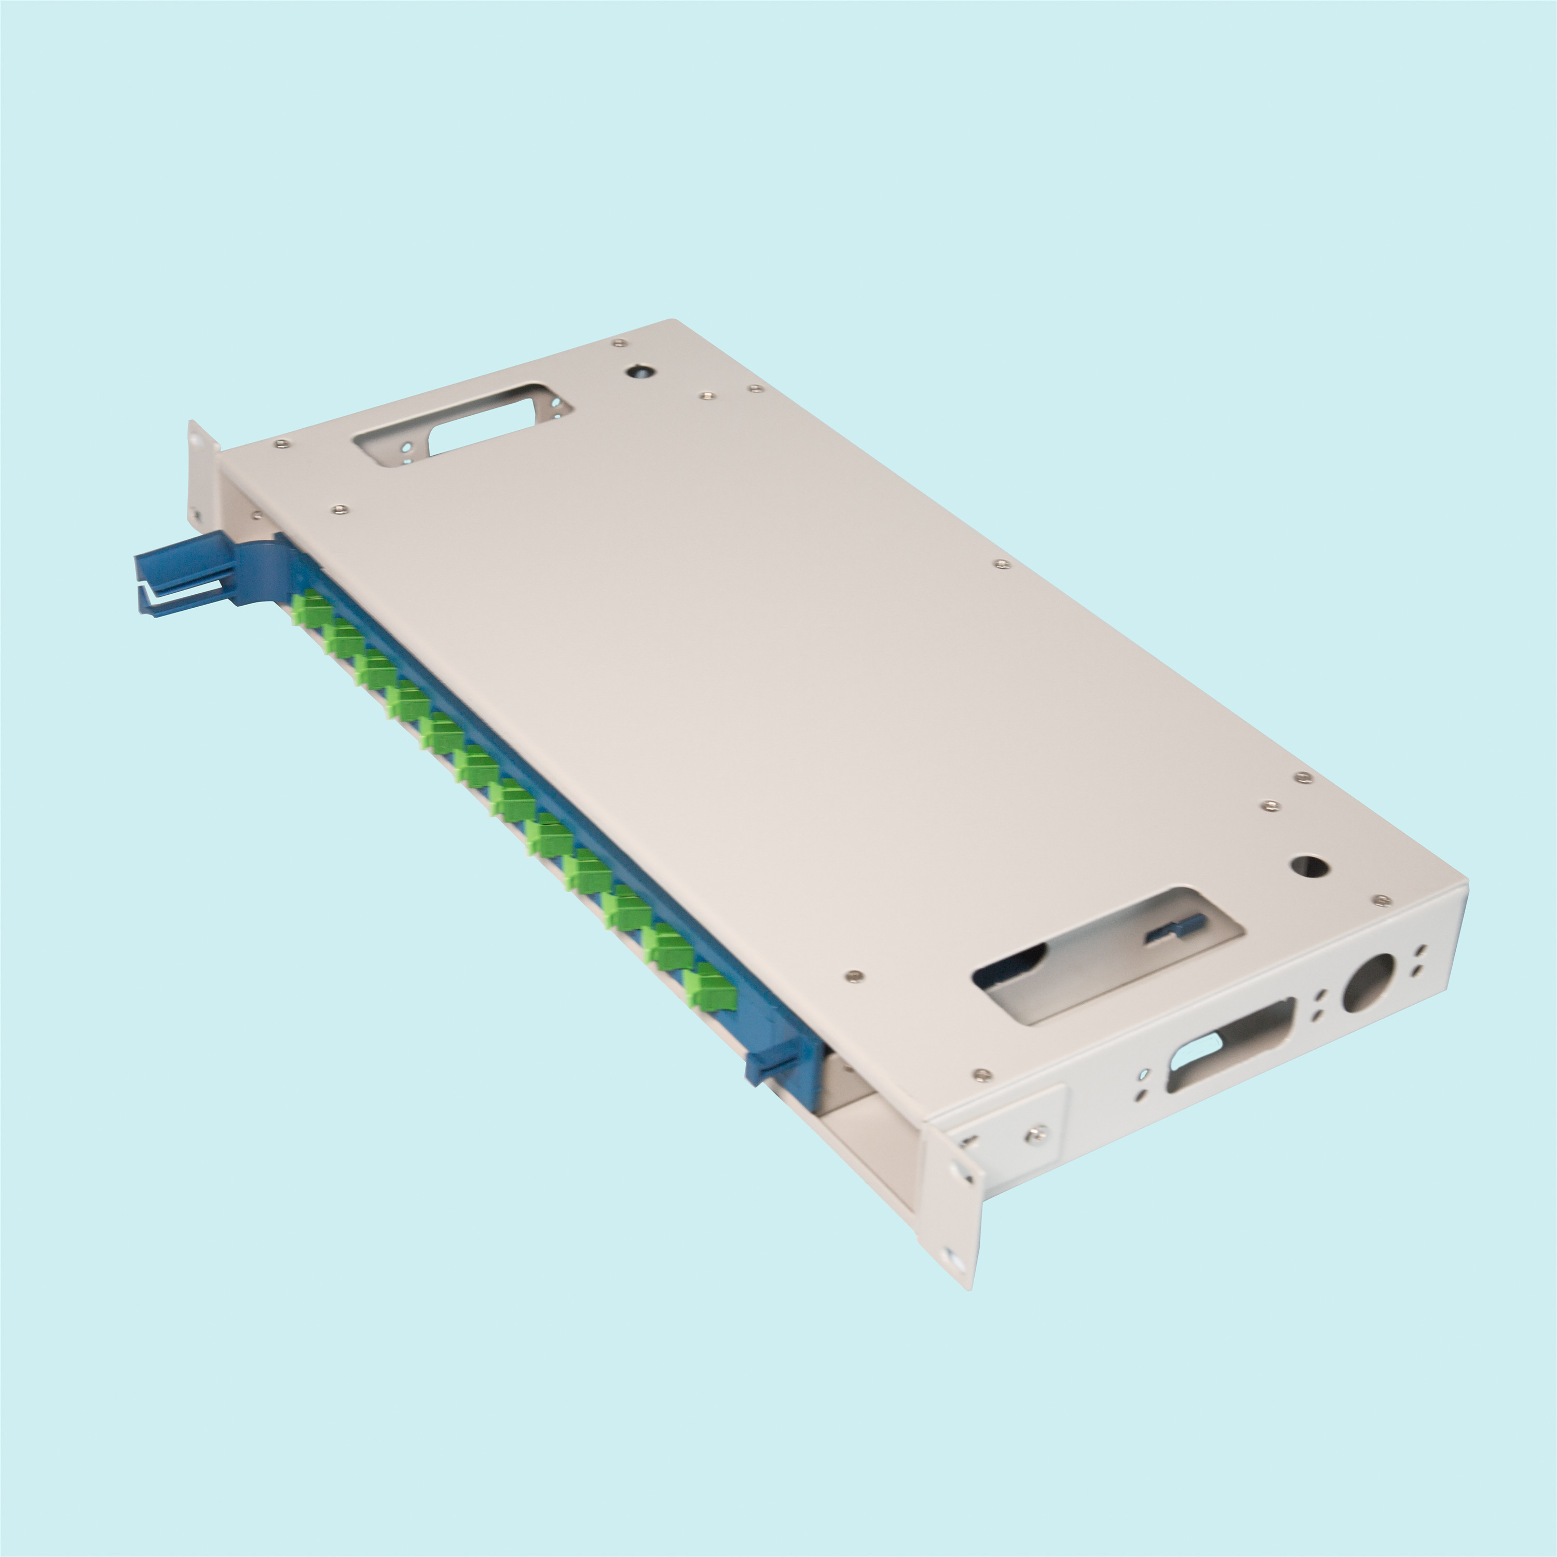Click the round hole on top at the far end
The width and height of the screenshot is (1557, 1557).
[x=638, y=372]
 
